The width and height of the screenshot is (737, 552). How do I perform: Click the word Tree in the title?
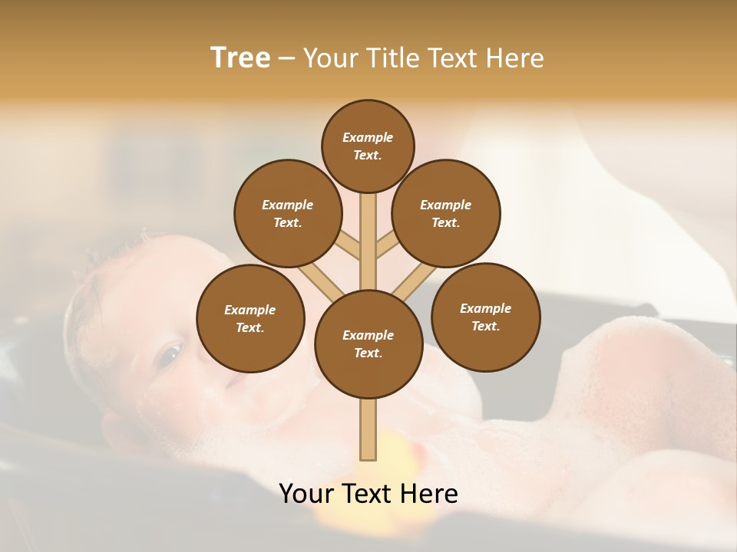[240, 58]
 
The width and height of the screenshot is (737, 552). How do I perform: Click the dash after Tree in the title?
[287, 59]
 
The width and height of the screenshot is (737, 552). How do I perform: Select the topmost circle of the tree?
[368, 146]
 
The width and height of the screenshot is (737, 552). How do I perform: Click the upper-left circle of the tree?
[288, 213]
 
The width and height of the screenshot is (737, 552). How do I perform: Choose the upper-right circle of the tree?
[446, 213]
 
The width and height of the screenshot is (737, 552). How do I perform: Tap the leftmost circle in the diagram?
[250, 318]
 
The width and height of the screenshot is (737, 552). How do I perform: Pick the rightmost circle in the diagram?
[485, 317]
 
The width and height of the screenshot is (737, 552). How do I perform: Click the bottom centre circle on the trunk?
[368, 343]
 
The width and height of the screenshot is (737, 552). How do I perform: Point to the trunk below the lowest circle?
[368, 429]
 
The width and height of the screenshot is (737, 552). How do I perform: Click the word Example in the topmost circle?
[368, 137]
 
